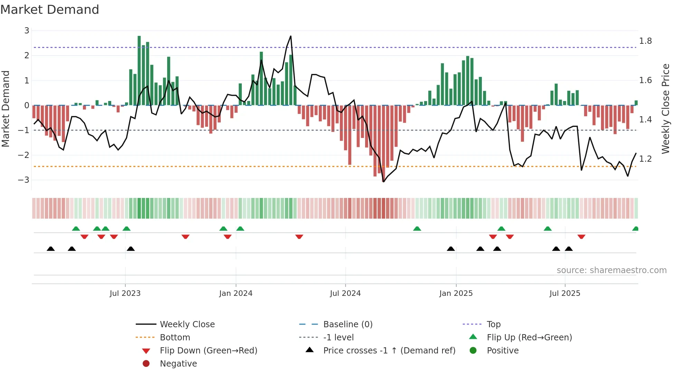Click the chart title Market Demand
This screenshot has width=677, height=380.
tap(50, 10)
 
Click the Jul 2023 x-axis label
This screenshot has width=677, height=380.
tap(125, 293)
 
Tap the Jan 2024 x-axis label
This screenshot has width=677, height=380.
tap(236, 293)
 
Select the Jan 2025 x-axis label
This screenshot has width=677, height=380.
tap(456, 293)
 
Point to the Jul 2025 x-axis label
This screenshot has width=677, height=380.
tap(565, 293)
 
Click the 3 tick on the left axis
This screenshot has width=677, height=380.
tap(27, 31)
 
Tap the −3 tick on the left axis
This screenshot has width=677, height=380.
tap(24, 180)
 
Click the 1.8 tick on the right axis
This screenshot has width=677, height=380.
tap(645, 41)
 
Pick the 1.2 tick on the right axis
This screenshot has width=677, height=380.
tap(645, 159)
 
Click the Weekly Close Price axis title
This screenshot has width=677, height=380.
tap(665, 109)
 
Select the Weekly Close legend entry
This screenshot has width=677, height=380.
tap(187, 324)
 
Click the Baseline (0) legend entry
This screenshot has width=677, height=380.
tap(347, 324)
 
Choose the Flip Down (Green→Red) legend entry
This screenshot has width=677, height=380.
tap(208, 351)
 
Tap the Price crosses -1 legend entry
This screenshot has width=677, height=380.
tap(389, 351)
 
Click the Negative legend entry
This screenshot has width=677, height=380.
tap(178, 364)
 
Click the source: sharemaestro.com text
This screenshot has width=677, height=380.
tap(611, 270)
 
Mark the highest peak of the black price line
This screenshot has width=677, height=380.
tap(290, 36)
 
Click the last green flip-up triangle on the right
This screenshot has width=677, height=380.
tap(635, 229)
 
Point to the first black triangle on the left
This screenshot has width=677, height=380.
tap(51, 249)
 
